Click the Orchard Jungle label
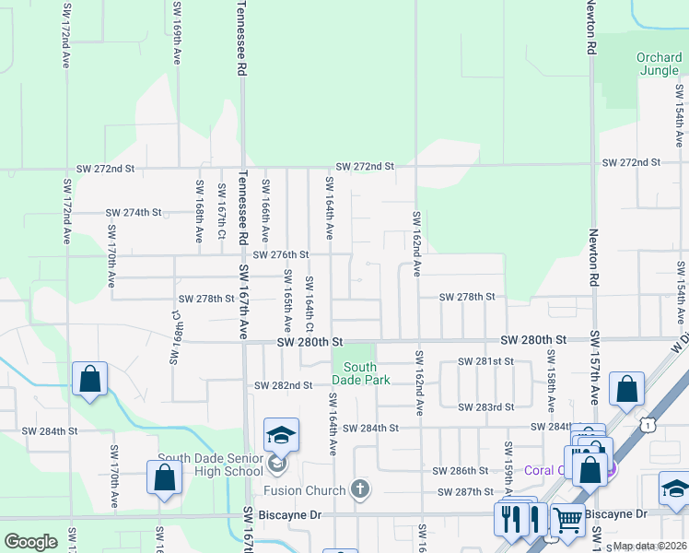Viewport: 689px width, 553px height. [660, 65]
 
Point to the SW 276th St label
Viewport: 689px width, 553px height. [280, 254]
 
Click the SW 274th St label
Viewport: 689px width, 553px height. [134, 212]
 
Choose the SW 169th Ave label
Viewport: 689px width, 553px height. [176, 32]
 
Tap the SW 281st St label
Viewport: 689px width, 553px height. [488, 361]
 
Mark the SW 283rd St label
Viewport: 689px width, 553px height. [488, 406]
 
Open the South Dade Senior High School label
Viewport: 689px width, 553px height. [210, 465]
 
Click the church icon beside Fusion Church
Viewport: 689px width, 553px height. [359, 489]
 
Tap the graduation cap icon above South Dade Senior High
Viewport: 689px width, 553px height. [281, 435]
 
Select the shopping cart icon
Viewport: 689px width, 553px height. [566, 519]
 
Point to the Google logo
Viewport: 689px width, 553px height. [30, 542]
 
